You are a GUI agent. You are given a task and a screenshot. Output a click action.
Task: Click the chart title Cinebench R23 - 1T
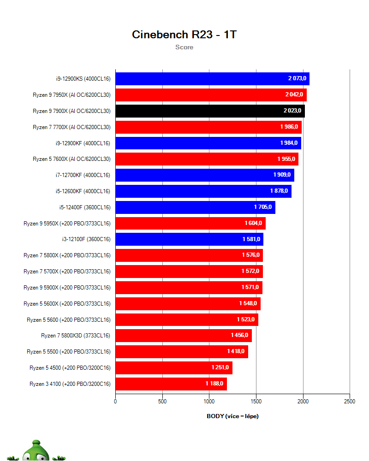click(x=184, y=35)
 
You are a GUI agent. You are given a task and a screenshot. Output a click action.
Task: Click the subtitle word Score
click(x=184, y=47)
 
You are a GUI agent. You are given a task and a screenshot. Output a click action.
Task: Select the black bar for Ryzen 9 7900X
click(x=210, y=111)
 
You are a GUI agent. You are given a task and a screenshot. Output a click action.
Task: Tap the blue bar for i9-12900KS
click(x=212, y=79)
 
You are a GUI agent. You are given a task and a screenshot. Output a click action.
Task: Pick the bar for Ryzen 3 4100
click(x=171, y=384)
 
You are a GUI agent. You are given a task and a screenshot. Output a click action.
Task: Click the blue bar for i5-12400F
click(x=195, y=207)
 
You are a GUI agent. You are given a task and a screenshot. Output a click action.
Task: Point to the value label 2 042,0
click(x=294, y=95)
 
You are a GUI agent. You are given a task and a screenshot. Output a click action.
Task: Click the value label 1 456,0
click(x=239, y=336)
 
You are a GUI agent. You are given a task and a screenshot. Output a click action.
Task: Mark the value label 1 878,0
click(x=279, y=191)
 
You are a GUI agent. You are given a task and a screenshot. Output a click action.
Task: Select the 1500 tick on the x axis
click(x=256, y=402)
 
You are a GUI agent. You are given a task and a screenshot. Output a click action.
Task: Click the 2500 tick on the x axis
click(x=350, y=402)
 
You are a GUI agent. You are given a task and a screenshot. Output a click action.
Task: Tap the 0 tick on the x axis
click(x=115, y=402)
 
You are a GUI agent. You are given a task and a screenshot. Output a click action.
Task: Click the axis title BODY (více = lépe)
click(x=232, y=416)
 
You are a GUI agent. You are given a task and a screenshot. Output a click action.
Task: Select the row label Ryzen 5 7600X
click(x=71, y=159)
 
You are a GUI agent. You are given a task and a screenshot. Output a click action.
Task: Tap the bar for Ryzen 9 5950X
click(x=190, y=223)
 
